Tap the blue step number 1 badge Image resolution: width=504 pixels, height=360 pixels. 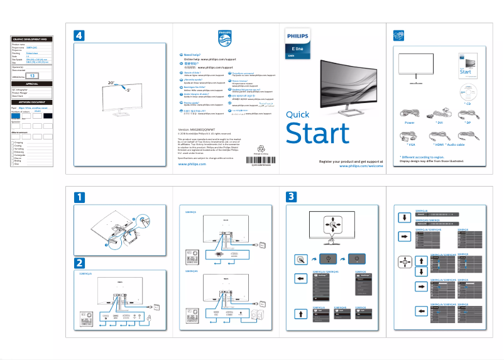(79, 197)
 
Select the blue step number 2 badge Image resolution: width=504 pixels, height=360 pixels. (79, 261)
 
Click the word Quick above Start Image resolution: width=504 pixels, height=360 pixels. (297, 114)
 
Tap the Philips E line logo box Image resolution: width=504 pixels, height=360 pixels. (298, 43)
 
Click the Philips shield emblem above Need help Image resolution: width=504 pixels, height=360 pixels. (224, 38)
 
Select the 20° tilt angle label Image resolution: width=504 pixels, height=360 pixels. (111, 82)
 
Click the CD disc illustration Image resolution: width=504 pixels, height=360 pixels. (466, 90)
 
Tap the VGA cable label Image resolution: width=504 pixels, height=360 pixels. (408, 145)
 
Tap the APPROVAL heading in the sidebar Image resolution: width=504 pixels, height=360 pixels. (32, 83)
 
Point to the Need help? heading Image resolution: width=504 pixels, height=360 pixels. (192, 55)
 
